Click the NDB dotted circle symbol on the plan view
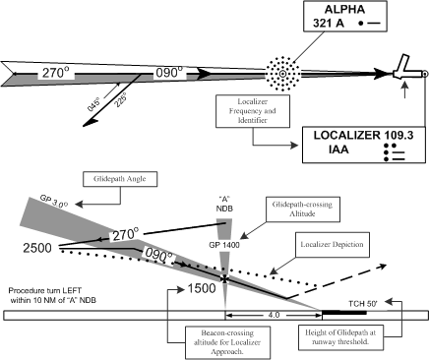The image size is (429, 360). point(282,72)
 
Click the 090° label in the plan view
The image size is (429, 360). point(172,73)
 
